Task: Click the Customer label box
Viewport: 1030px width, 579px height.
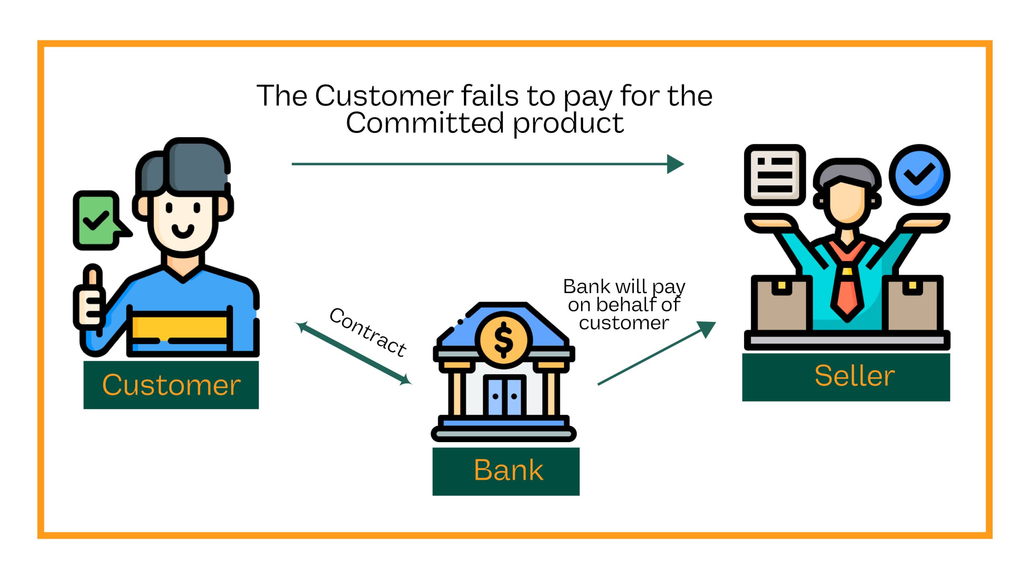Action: point(171,385)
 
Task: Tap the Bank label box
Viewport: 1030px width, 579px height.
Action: point(506,471)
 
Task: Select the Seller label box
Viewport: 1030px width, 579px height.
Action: point(846,377)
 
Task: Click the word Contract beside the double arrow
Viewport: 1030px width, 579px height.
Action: point(368,332)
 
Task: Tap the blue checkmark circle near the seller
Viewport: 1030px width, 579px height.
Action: point(919,175)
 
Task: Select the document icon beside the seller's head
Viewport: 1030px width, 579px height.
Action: point(775,175)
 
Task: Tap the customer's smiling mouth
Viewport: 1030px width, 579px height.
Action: point(183,231)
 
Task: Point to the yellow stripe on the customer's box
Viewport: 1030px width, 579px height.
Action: point(179,327)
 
